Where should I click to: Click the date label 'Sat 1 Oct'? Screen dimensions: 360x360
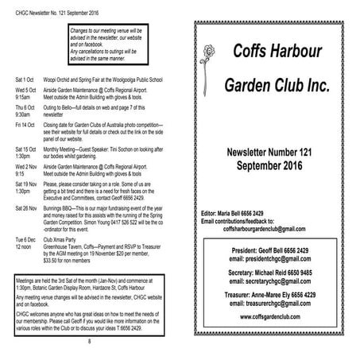pyautogui.click(x=25, y=81)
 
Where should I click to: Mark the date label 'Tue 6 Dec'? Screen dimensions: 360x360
pyautogui.click(x=25, y=239)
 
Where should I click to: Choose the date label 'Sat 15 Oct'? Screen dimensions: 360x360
pyautogui.click(x=26, y=149)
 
